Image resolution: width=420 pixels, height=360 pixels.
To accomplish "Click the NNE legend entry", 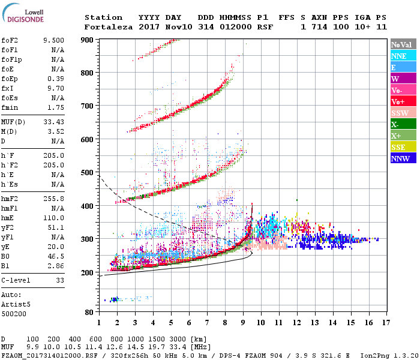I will pyautogui.click(x=403, y=56).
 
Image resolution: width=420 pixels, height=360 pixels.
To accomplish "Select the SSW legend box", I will pyautogui.click(x=403, y=113).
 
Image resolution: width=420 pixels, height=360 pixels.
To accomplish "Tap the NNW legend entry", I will pyautogui.click(x=403, y=159).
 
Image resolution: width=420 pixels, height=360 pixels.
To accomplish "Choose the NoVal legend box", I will pyautogui.click(x=403, y=44).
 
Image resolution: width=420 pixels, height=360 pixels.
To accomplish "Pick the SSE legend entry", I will pyautogui.click(x=403, y=148).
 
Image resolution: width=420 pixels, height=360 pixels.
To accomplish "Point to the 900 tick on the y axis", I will pyautogui.click(x=88, y=40).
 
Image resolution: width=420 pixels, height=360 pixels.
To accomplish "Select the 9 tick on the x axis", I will pyautogui.click(x=243, y=323).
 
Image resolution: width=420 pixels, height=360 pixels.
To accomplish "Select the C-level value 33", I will pyautogui.click(x=60, y=280).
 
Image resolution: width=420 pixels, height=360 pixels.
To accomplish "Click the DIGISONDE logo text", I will pyautogui.click(x=24, y=19).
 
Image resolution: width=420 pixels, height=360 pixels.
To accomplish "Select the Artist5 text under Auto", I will pyautogui.click(x=14, y=304).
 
